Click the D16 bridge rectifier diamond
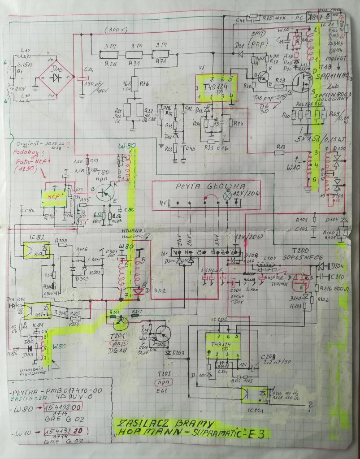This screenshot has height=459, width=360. (56, 77)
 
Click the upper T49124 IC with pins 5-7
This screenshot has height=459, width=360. (215, 87)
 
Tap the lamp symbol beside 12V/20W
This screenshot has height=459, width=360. (227, 196)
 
